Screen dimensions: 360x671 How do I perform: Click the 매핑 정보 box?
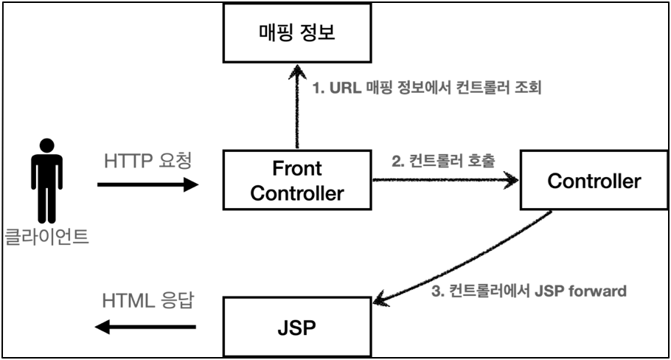tap(297, 32)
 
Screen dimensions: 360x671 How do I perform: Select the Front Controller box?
tap(297, 181)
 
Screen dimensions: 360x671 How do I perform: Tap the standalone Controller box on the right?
tap(594, 181)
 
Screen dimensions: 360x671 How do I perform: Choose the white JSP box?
tap(297, 326)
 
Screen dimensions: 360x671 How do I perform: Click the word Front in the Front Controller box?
tap(297, 169)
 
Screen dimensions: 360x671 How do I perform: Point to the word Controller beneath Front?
tap(297, 193)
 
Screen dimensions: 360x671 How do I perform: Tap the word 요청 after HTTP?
tap(175, 161)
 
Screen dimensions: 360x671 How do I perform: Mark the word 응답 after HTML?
tap(177, 301)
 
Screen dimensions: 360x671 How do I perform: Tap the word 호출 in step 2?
tap(481, 161)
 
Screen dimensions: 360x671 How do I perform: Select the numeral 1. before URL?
tap(319, 89)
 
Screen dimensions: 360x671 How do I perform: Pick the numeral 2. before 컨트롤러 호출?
tap(397, 161)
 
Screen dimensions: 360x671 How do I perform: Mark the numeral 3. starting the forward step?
tap(436, 291)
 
